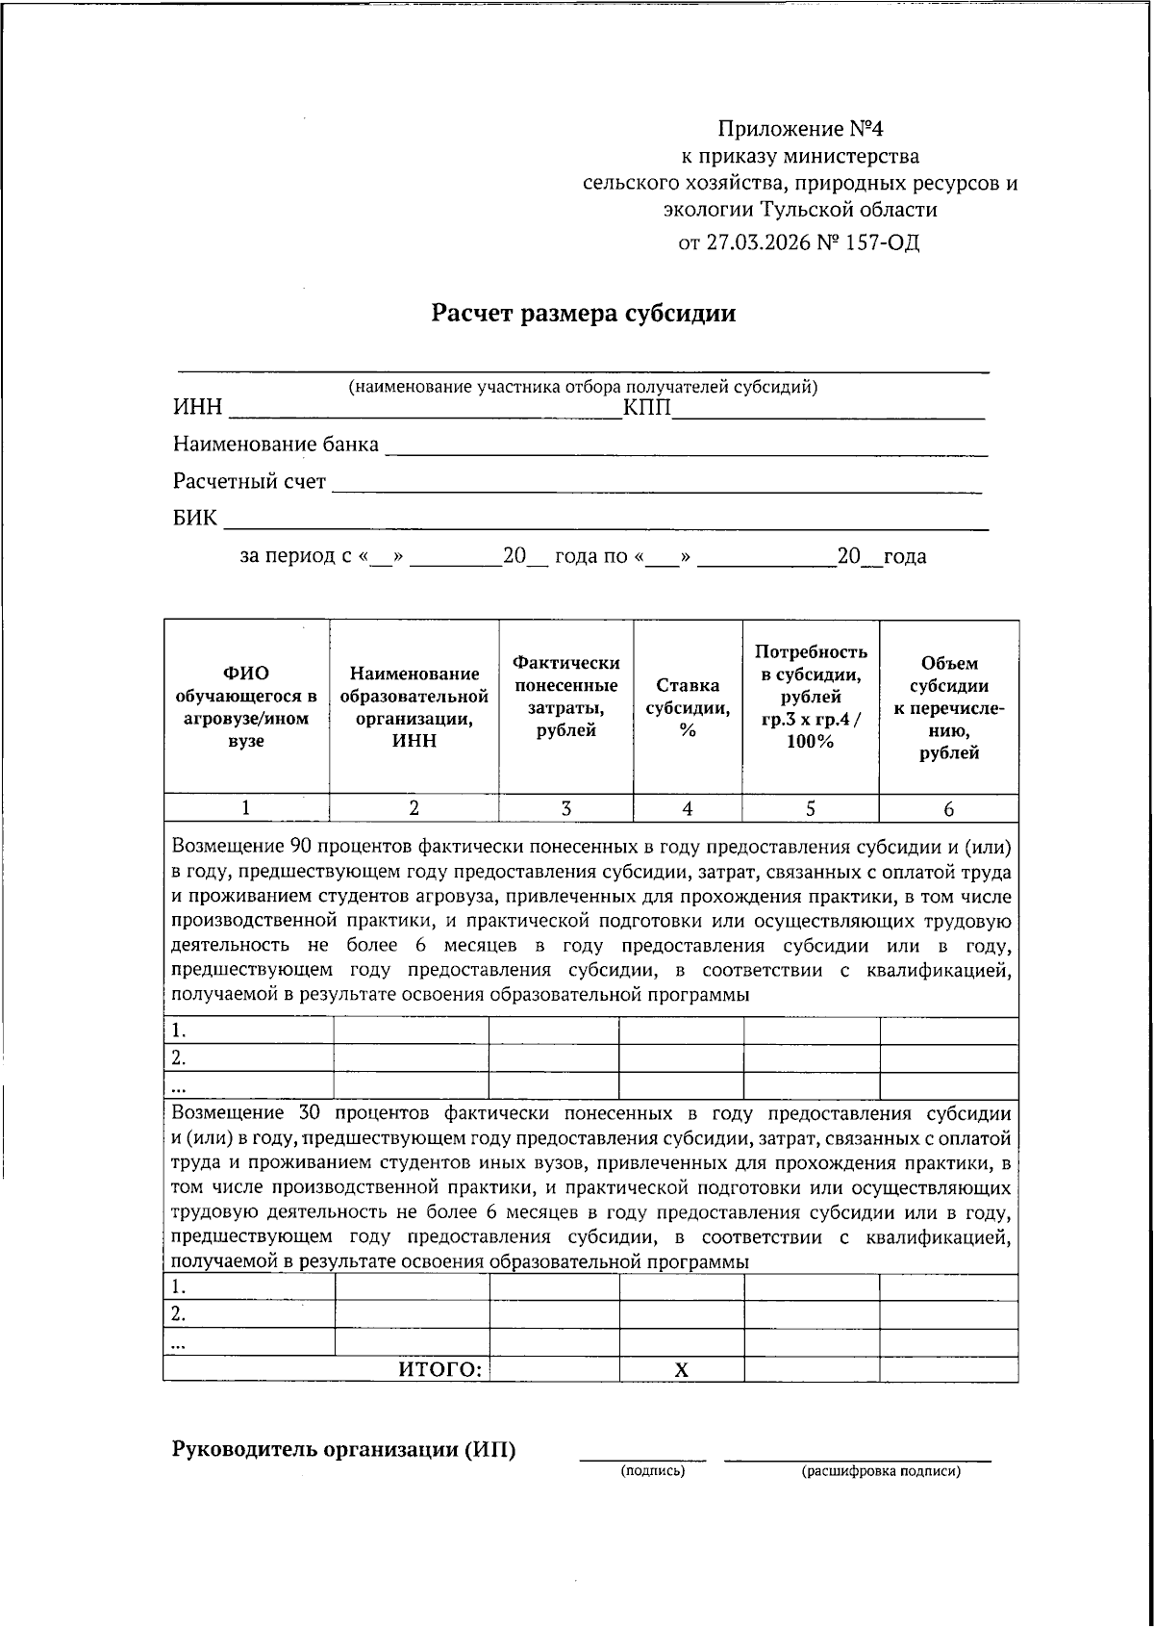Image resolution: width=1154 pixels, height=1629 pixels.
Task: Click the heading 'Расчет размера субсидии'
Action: click(x=583, y=314)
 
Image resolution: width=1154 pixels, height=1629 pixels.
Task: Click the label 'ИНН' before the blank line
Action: click(x=197, y=409)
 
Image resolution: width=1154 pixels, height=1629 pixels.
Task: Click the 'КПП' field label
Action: click(x=646, y=409)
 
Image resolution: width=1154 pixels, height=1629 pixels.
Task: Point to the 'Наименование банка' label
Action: click(x=276, y=445)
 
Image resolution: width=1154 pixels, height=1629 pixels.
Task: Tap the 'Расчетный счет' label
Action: click(x=249, y=481)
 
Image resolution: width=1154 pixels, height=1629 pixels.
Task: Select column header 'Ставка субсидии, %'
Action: click(x=687, y=708)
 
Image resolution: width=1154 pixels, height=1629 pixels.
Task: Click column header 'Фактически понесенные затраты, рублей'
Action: click(x=565, y=697)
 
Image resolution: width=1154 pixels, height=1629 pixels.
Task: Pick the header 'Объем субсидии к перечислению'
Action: click(x=948, y=708)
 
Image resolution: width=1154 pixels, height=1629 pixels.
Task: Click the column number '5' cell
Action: click(x=810, y=809)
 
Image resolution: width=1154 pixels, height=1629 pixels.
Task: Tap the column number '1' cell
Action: click(x=246, y=809)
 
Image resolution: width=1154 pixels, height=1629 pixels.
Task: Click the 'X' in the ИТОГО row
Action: click(x=681, y=1370)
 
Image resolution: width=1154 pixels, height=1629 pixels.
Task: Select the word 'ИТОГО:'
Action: click(x=439, y=1370)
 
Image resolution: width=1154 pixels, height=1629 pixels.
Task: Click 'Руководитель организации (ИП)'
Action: click(x=343, y=1450)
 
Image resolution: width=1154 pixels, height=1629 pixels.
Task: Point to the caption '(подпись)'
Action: click(x=653, y=1471)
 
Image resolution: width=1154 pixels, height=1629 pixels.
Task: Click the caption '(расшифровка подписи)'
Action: click(x=880, y=1471)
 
